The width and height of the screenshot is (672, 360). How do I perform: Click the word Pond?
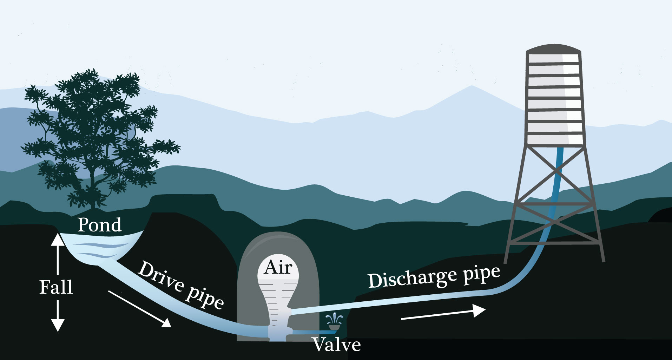[99, 225]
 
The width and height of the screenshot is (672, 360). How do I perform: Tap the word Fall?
[56, 287]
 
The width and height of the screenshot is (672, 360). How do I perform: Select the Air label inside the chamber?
[278, 267]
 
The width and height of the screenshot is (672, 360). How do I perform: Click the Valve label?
[337, 345]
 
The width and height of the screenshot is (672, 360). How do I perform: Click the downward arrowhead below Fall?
[58, 325]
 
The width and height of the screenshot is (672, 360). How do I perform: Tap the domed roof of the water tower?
[553, 48]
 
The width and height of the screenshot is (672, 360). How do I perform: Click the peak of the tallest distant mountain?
[472, 86]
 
